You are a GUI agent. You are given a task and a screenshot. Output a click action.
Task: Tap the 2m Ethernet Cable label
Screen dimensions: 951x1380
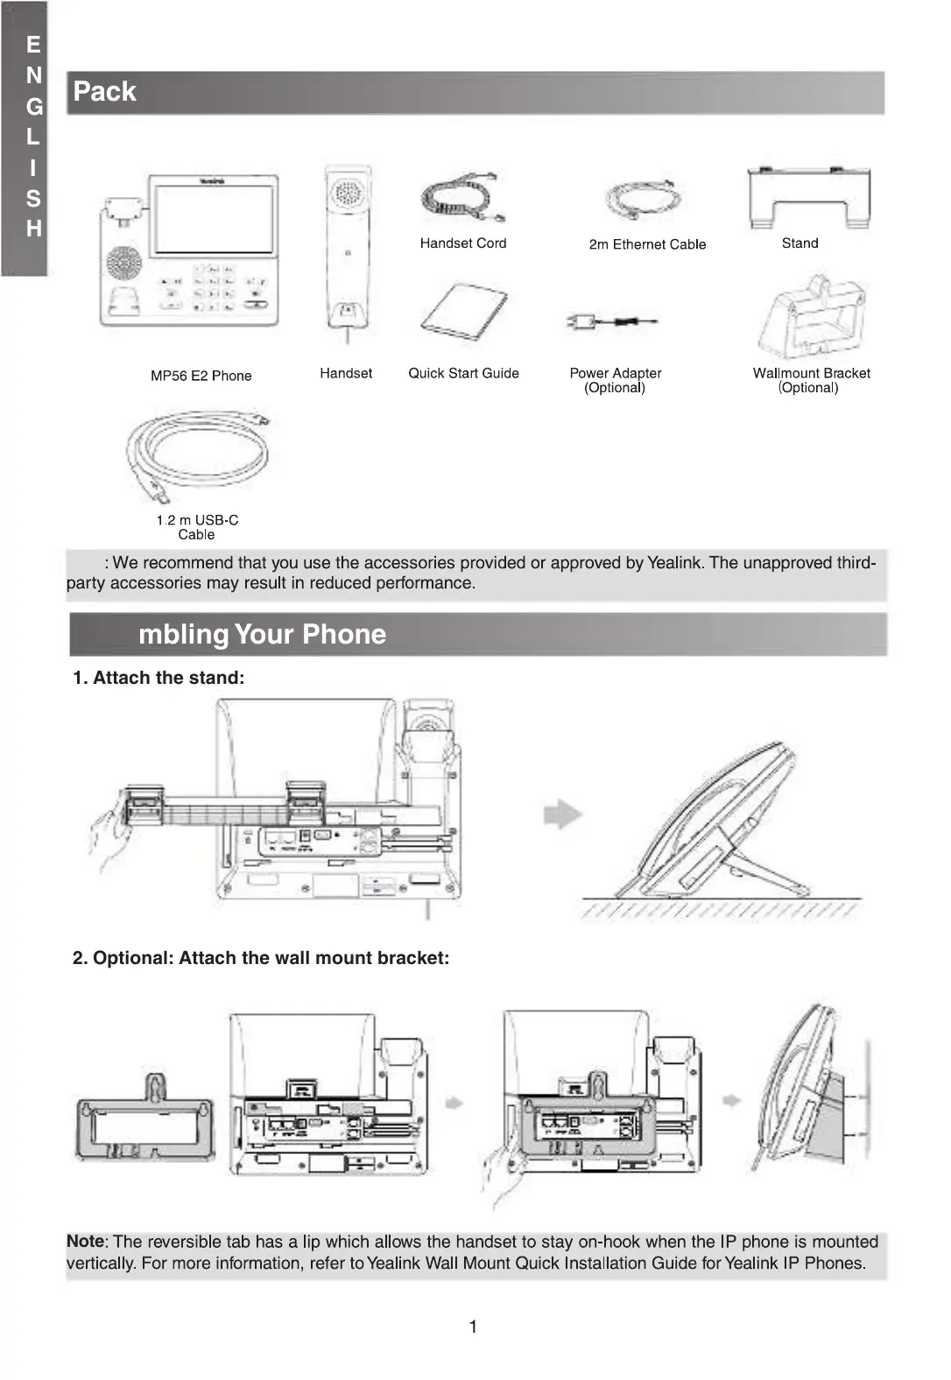click(x=647, y=244)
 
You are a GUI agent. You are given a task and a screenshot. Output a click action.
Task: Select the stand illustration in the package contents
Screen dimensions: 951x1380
click(x=809, y=198)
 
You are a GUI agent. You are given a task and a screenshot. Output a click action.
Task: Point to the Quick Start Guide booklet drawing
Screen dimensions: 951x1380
click(x=464, y=311)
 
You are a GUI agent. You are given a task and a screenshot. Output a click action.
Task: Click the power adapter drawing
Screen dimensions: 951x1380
click(x=610, y=322)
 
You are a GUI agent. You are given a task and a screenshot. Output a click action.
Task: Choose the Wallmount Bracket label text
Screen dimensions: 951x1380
click(x=811, y=373)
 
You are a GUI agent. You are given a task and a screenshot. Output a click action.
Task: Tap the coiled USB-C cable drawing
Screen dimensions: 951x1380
click(x=198, y=454)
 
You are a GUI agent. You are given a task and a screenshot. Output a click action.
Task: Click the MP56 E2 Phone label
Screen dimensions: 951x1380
click(x=201, y=376)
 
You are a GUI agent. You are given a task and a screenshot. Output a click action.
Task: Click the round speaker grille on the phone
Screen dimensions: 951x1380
click(x=124, y=264)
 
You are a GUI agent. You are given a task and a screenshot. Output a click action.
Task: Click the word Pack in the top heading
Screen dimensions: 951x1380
click(x=104, y=92)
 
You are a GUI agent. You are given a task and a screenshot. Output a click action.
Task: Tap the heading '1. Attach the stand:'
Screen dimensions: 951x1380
click(x=158, y=678)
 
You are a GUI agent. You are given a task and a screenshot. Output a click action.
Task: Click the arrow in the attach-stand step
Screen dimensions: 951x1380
click(x=562, y=813)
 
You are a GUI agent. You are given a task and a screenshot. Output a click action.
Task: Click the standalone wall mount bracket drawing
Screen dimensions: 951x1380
click(x=145, y=1122)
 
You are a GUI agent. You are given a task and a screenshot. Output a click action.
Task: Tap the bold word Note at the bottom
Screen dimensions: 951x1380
click(x=85, y=1241)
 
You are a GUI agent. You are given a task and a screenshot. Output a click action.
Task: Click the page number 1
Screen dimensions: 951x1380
click(x=473, y=1327)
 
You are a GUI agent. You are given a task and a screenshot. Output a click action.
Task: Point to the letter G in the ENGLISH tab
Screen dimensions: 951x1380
click(x=34, y=107)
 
